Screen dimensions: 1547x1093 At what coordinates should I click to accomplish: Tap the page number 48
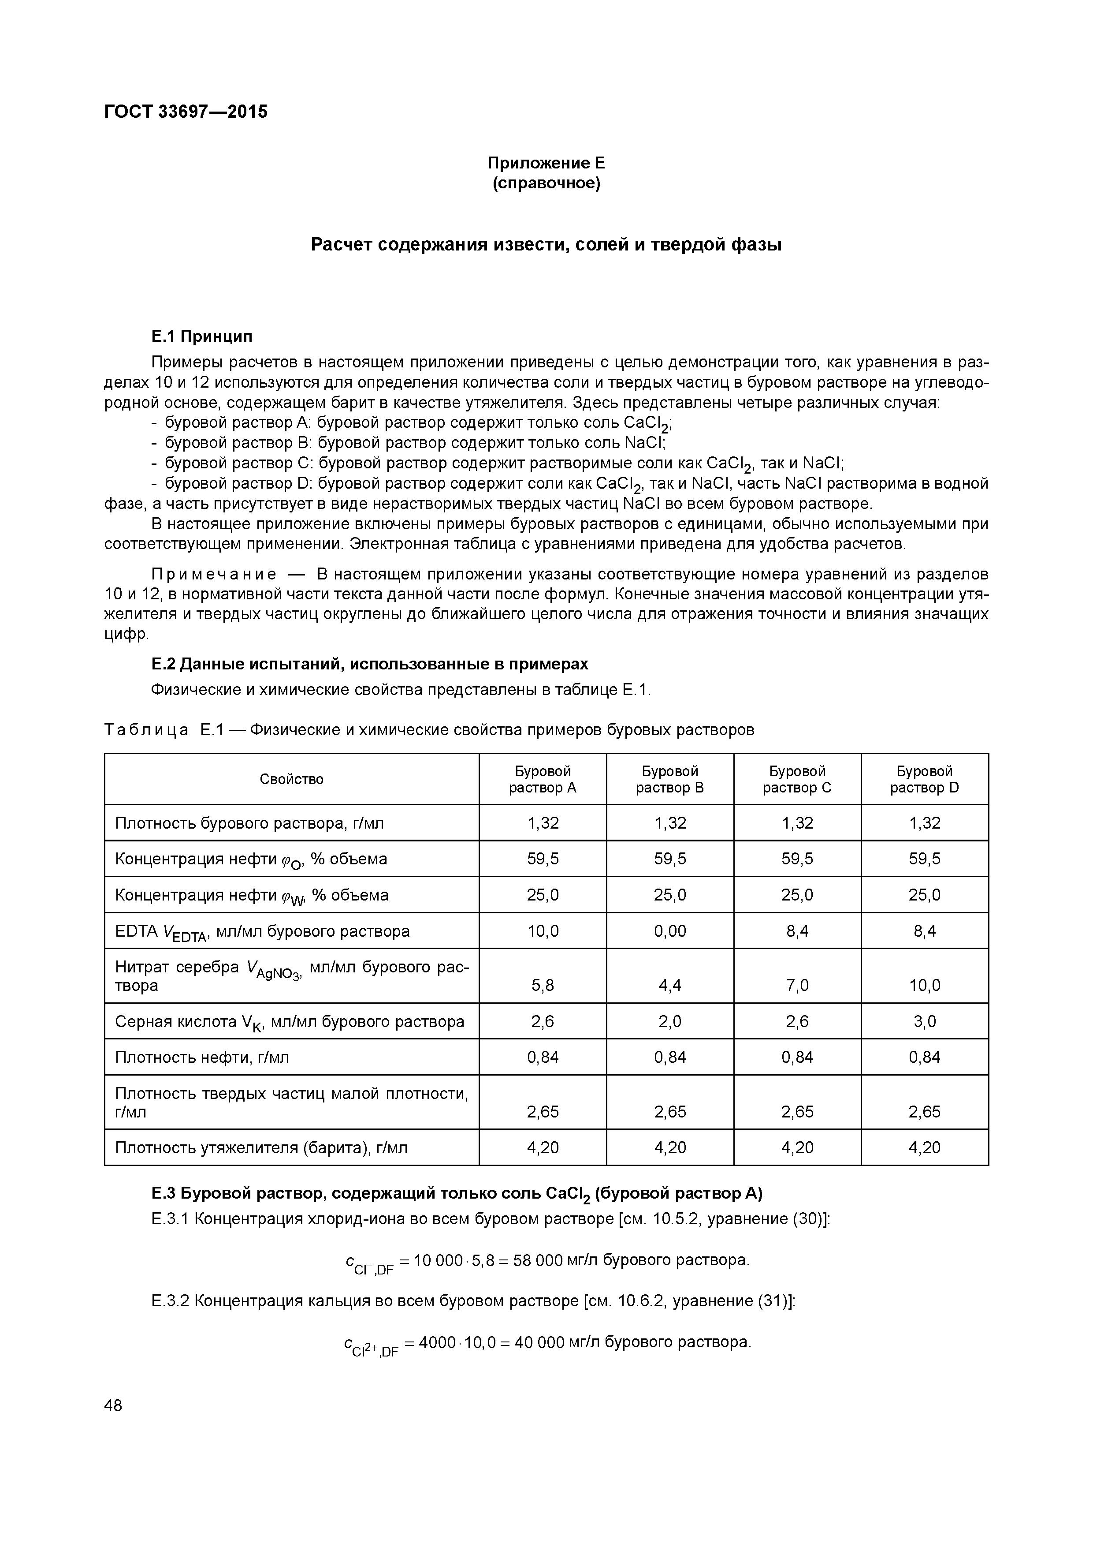tap(113, 1405)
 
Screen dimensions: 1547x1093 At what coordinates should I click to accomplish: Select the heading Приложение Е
tap(546, 163)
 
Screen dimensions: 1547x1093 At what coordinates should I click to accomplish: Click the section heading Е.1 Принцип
tap(201, 336)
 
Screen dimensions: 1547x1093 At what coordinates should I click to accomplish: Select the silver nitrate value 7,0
tap(797, 985)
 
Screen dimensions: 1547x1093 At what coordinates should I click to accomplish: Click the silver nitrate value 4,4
tap(669, 985)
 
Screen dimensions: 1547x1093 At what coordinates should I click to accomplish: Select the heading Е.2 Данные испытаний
tap(369, 664)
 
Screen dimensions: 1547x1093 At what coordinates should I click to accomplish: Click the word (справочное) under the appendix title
tap(546, 183)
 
